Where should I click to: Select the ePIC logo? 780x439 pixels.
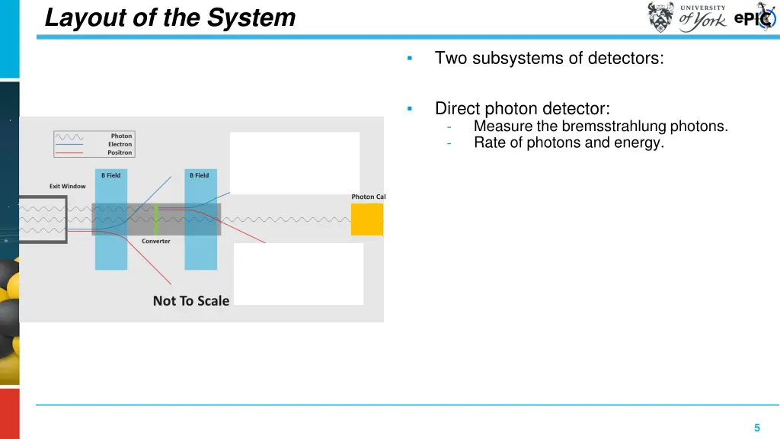(755, 18)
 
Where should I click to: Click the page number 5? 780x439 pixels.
(756, 428)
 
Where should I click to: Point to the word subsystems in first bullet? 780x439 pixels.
(517, 58)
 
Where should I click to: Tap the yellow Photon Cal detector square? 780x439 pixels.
(366, 219)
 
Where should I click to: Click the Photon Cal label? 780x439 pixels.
(368, 197)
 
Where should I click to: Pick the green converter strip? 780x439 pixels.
(156, 219)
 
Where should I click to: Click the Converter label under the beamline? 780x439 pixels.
(156, 241)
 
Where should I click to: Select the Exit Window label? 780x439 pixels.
(68, 186)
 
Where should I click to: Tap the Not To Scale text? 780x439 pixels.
(190, 300)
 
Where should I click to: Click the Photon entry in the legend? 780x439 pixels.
(121, 136)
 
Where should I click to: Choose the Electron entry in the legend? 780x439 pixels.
(120, 145)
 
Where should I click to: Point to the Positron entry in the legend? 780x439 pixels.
(120, 152)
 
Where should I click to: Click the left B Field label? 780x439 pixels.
(111, 175)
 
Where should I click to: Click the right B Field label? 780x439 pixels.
(199, 175)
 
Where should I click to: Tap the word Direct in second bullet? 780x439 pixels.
(458, 109)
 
